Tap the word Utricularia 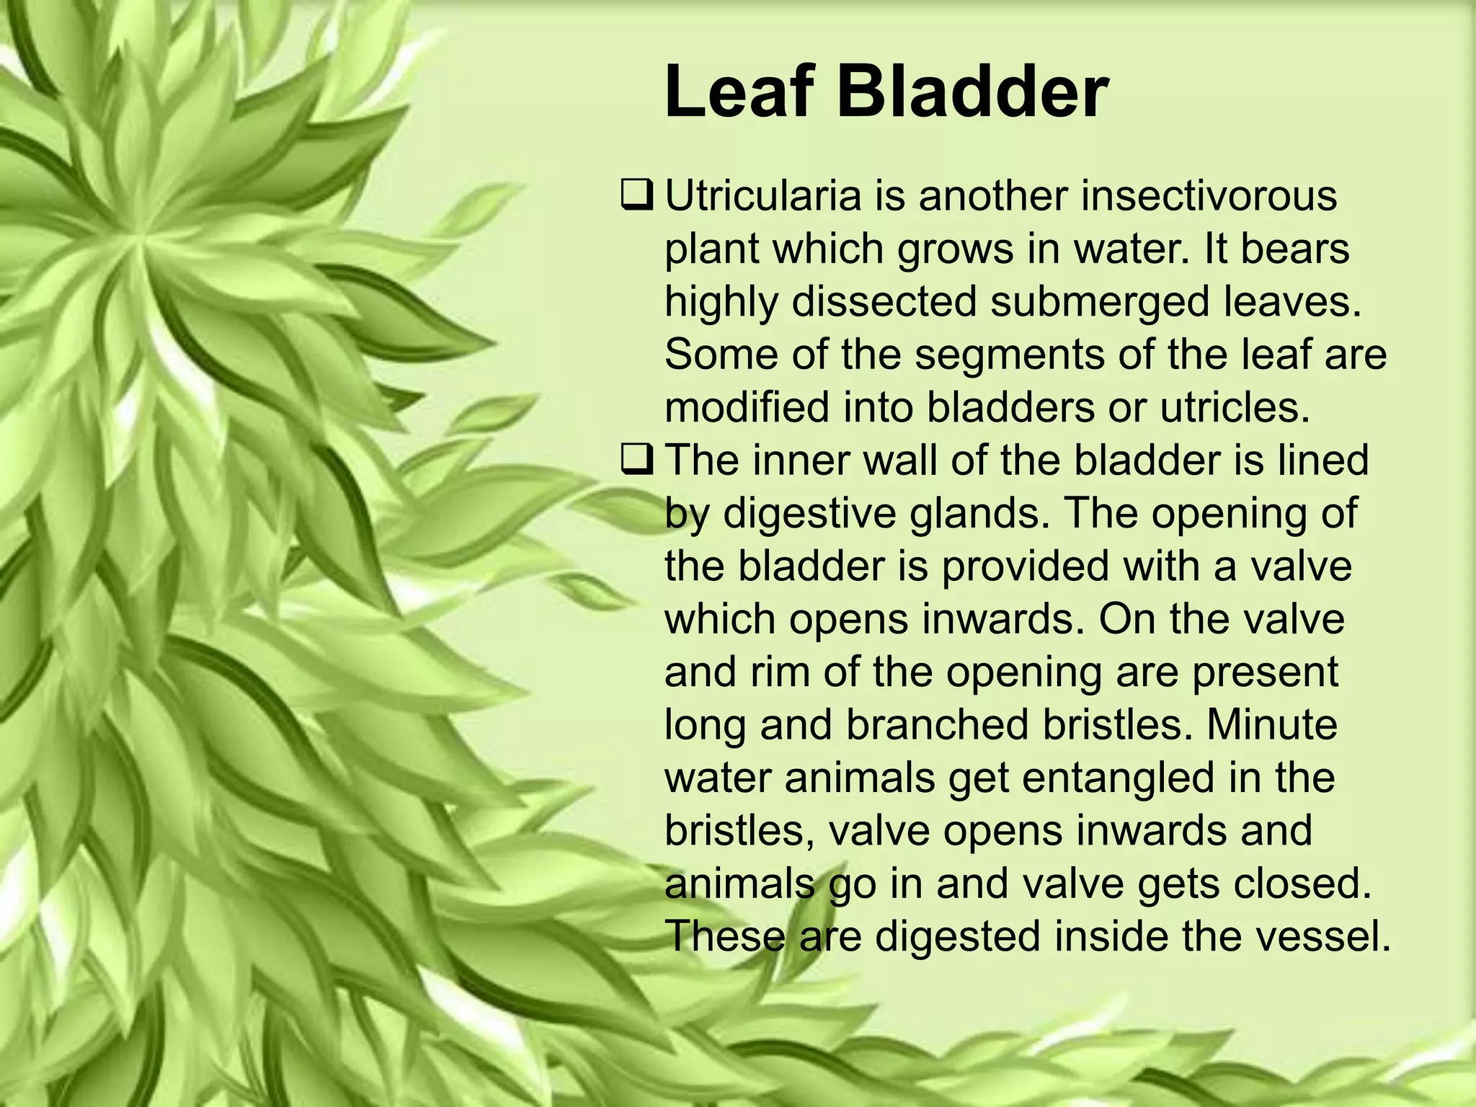[x=763, y=196]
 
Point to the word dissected [x=884, y=301]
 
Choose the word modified [x=750, y=407]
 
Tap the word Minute [x=1271, y=724]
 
